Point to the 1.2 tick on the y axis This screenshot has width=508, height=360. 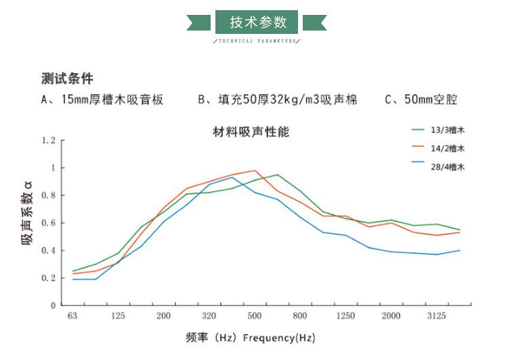coord(47,140)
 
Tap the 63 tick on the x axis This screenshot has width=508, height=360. coord(72,317)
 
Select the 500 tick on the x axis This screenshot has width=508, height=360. coord(255,317)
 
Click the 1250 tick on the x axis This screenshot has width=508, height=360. coord(345,317)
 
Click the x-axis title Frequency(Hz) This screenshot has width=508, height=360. coord(278,338)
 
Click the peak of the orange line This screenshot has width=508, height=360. coord(255,171)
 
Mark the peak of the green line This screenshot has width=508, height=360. coord(277,175)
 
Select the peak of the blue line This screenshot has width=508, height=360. coord(232,178)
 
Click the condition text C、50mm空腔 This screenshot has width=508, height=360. coord(421,100)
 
